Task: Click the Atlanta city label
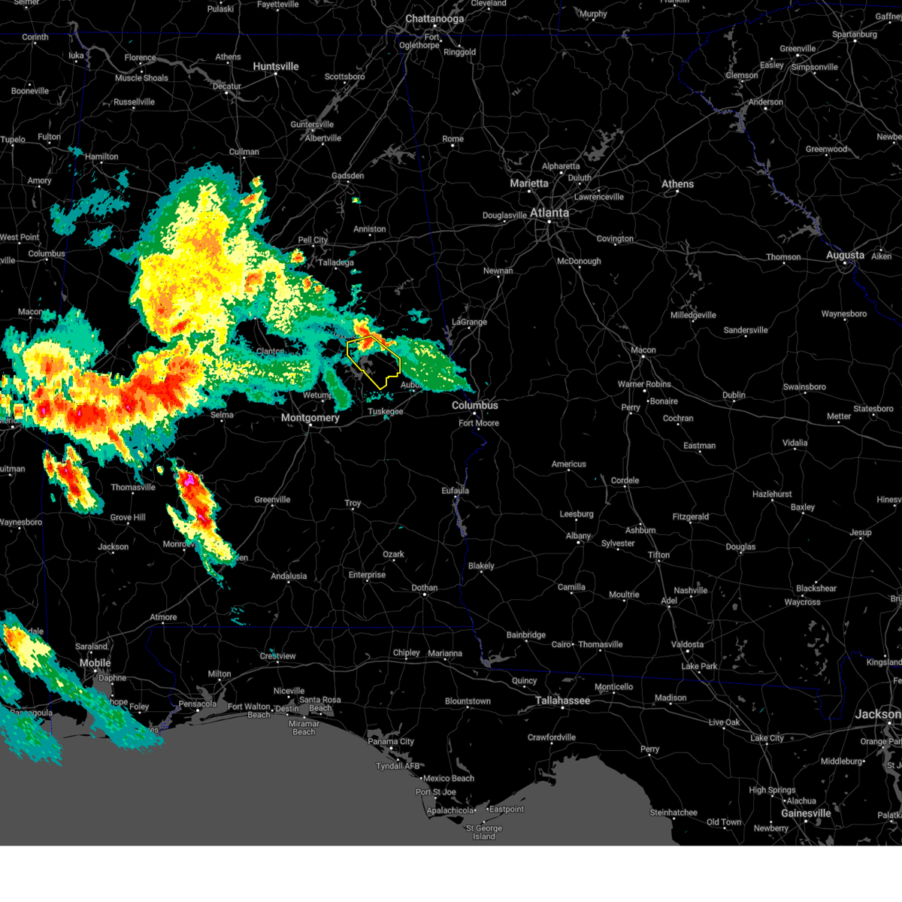point(549,213)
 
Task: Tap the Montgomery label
point(310,418)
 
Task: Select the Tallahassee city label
point(562,701)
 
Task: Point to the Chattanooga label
point(434,19)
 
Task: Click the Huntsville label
point(276,67)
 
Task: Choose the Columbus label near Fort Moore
point(474,405)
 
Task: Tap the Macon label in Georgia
point(643,350)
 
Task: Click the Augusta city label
point(845,256)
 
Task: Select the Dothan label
point(424,588)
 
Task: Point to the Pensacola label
point(197,704)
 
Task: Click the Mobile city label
point(95,663)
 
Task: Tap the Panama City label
point(391,742)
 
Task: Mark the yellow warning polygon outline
point(348,353)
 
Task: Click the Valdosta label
point(687,644)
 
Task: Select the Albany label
point(578,536)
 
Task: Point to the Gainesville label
point(806,813)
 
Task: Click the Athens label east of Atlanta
point(677,184)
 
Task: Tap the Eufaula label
point(455,491)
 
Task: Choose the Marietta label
point(529,183)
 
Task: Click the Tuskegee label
point(385,412)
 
